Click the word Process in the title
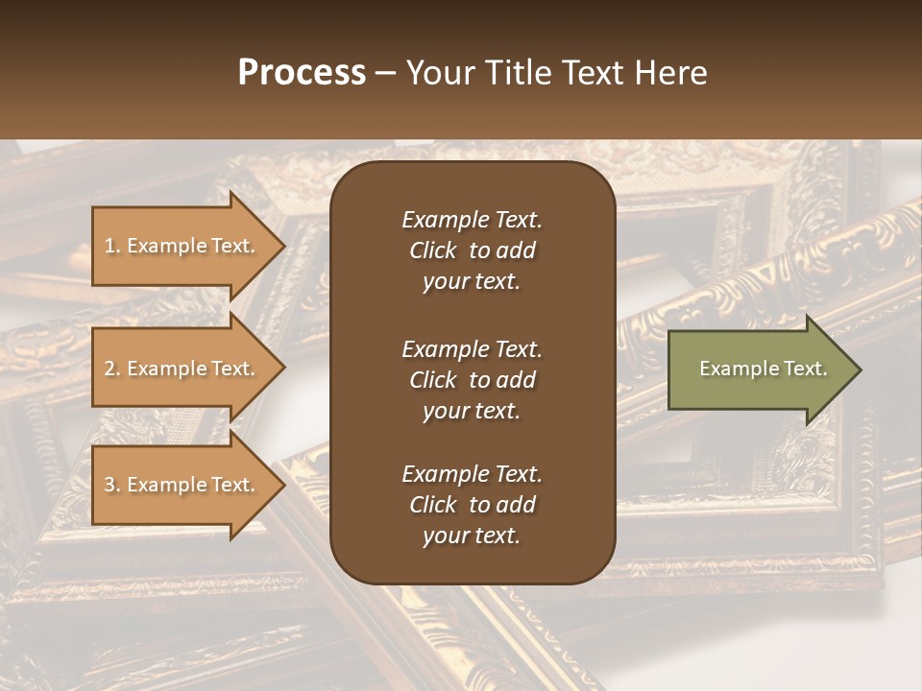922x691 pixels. click(302, 73)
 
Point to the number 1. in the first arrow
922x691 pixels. click(112, 246)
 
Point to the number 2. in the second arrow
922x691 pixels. click(112, 369)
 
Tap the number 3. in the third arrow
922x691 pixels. click(112, 485)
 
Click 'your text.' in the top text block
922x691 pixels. click(471, 282)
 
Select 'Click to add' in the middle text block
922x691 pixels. click(472, 380)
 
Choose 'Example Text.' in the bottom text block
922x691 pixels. click(472, 474)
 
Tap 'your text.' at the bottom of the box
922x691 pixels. click(471, 536)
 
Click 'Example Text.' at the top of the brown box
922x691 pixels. click(472, 220)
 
